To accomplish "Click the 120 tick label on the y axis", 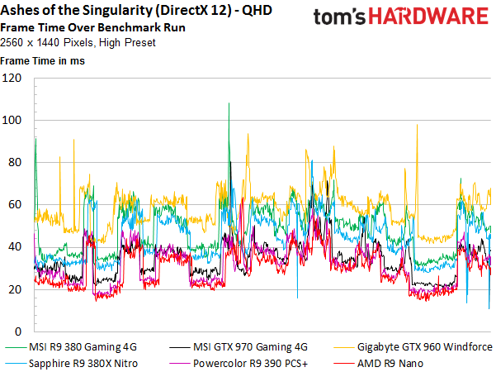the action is [x=12, y=78].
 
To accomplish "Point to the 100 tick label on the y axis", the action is [x=12, y=120].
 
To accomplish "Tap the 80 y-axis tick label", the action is [x=15, y=163].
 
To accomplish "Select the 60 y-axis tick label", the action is [x=15, y=205].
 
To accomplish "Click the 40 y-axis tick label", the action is [x=15, y=247].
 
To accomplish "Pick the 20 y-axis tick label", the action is [x=15, y=289].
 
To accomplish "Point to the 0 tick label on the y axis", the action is [x=18, y=331].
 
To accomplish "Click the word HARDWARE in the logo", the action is [x=428, y=17].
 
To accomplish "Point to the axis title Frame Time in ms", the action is [x=42, y=61].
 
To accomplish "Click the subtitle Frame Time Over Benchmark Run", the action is [x=92, y=27].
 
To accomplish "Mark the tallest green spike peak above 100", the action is [x=229, y=103].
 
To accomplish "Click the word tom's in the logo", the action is [x=339, y=17].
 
